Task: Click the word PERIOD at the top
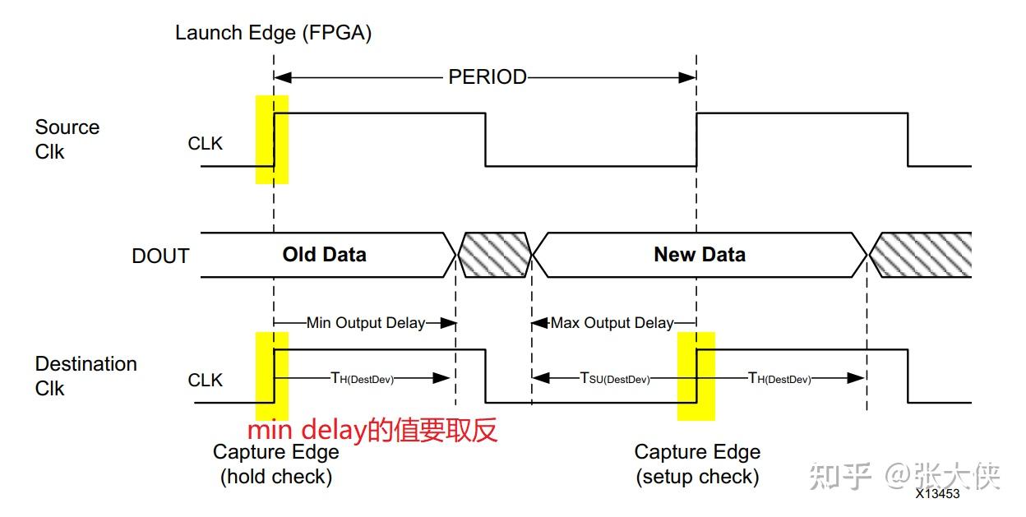tap(487, 77)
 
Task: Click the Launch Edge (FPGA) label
tap(274, 34)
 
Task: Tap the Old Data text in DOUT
tap(324, 255)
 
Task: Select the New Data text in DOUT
tap(699, 255)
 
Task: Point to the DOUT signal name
tap(160, 256)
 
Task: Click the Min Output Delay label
tap(365, 323)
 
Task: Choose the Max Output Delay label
tap(612, 323)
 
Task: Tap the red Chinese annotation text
tap(372, 431)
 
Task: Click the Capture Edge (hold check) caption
tap(275, 464)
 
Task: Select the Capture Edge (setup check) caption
tap(697, 464)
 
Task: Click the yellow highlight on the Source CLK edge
tap(272, 139)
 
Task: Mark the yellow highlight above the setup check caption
tap(696, 376)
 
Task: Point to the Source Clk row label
tap(67, 140)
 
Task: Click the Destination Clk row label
tap(85, 376)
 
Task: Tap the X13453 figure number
tap(937, 494)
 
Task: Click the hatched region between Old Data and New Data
tap(494, 255)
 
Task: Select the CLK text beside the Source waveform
tap(206, 144)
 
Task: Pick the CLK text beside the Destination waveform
tap(206, 381)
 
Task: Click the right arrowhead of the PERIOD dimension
tap(688, 77)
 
